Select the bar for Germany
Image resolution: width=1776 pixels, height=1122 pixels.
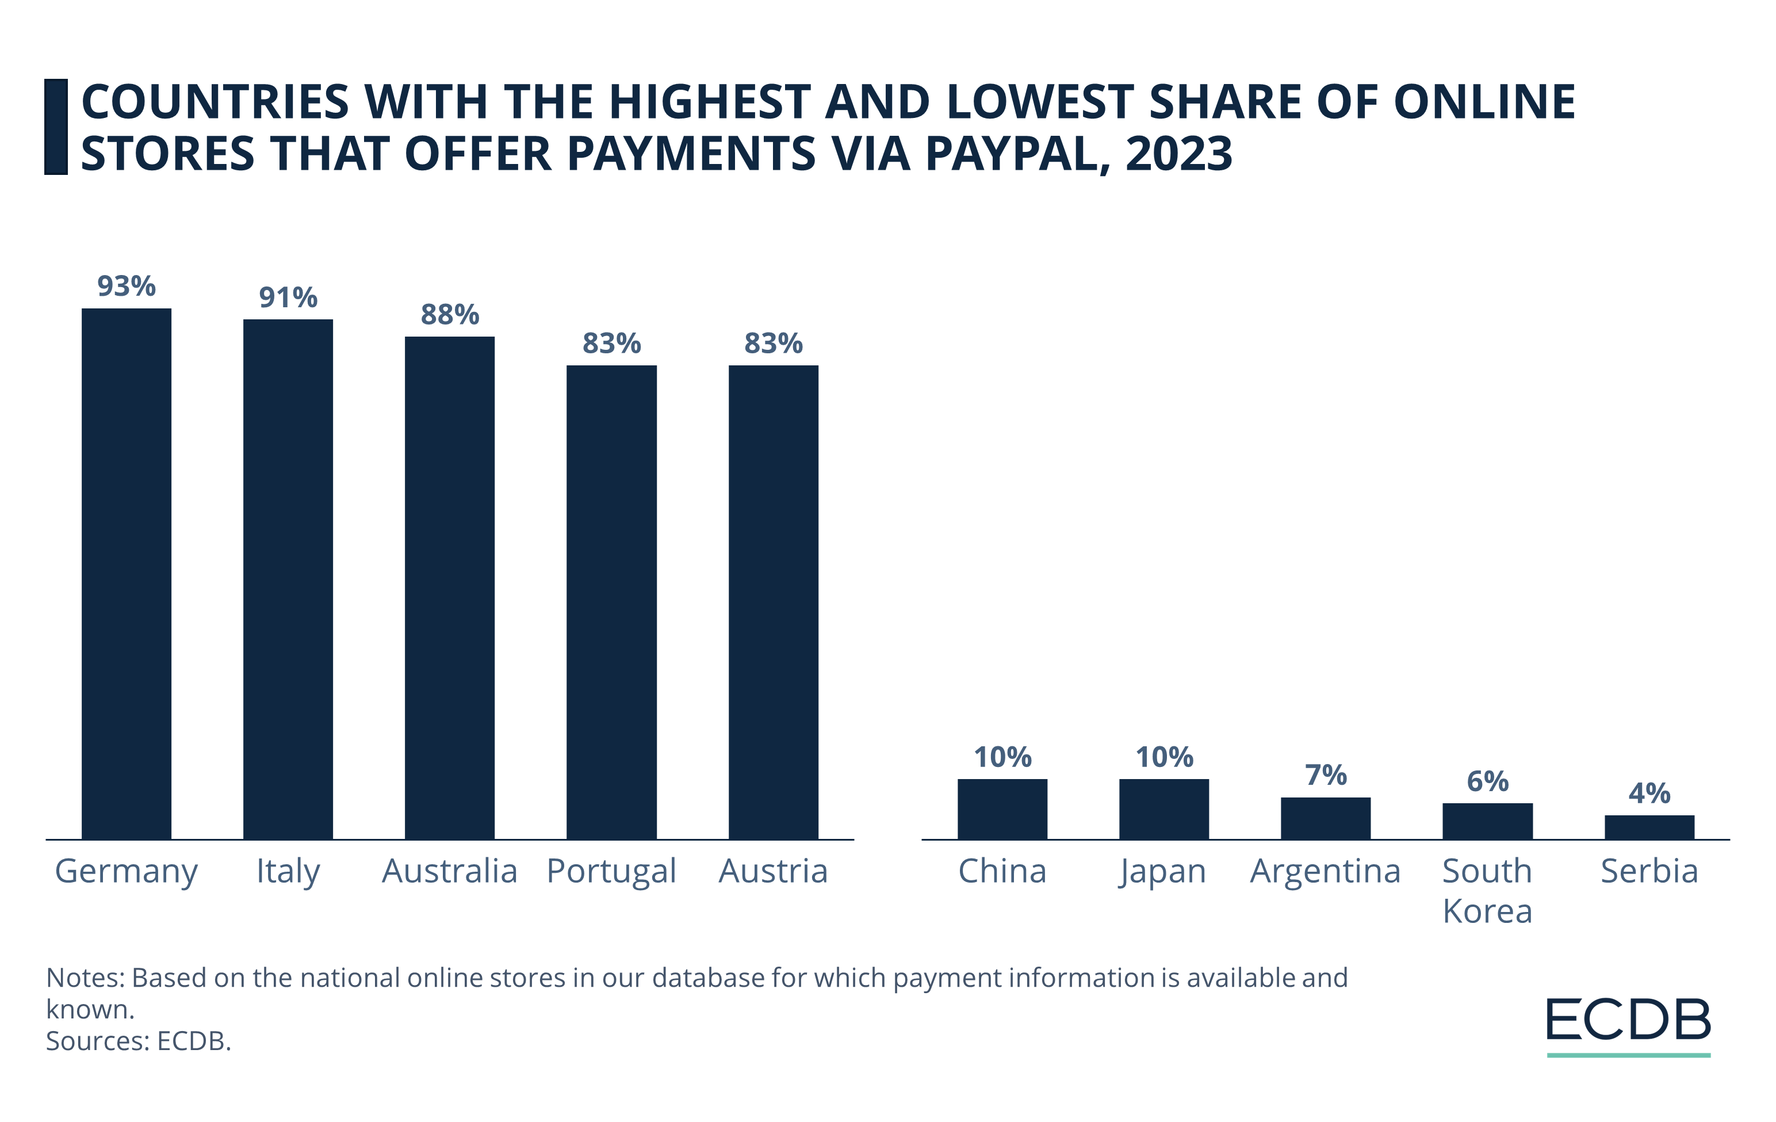(126, 573)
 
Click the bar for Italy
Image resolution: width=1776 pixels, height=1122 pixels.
(288, 579)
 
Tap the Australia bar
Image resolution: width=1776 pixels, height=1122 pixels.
(449, 587)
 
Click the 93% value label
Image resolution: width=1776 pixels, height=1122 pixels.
(126, 286)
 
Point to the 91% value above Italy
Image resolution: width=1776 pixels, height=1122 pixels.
(288, 298)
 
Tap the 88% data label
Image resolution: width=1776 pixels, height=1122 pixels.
(449, 315)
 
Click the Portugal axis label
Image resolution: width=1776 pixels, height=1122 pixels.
(611, 871)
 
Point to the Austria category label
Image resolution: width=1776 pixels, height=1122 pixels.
(773, 871)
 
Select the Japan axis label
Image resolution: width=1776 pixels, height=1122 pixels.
(1163, 871)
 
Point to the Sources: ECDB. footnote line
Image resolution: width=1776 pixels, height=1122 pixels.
(139, 1041)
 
